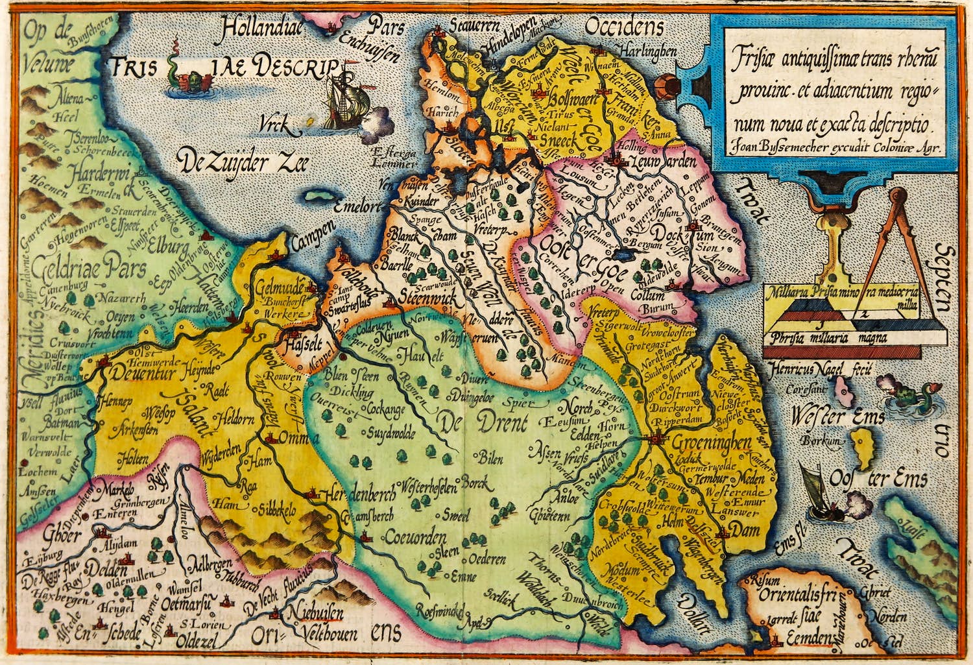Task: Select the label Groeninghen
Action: (711, 443)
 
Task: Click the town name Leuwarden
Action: (662, 160)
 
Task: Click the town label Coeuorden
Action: (414, 537)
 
